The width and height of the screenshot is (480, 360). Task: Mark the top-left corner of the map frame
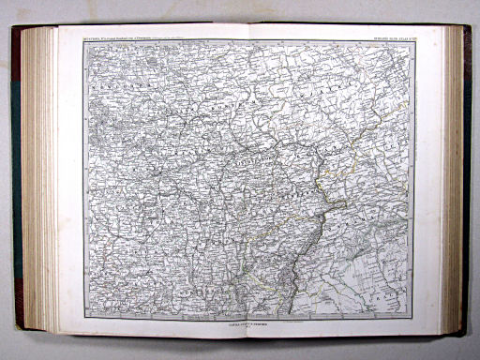[x=83, y=40]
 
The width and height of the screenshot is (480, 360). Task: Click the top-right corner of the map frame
[x=413, y=40]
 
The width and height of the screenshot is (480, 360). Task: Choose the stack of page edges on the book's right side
[x=455, y=178]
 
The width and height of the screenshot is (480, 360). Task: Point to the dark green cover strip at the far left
[x=16, y=178]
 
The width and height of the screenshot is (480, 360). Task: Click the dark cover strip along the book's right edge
[x=467, y=178]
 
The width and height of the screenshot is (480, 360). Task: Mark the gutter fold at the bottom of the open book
[x=249, y=335]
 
